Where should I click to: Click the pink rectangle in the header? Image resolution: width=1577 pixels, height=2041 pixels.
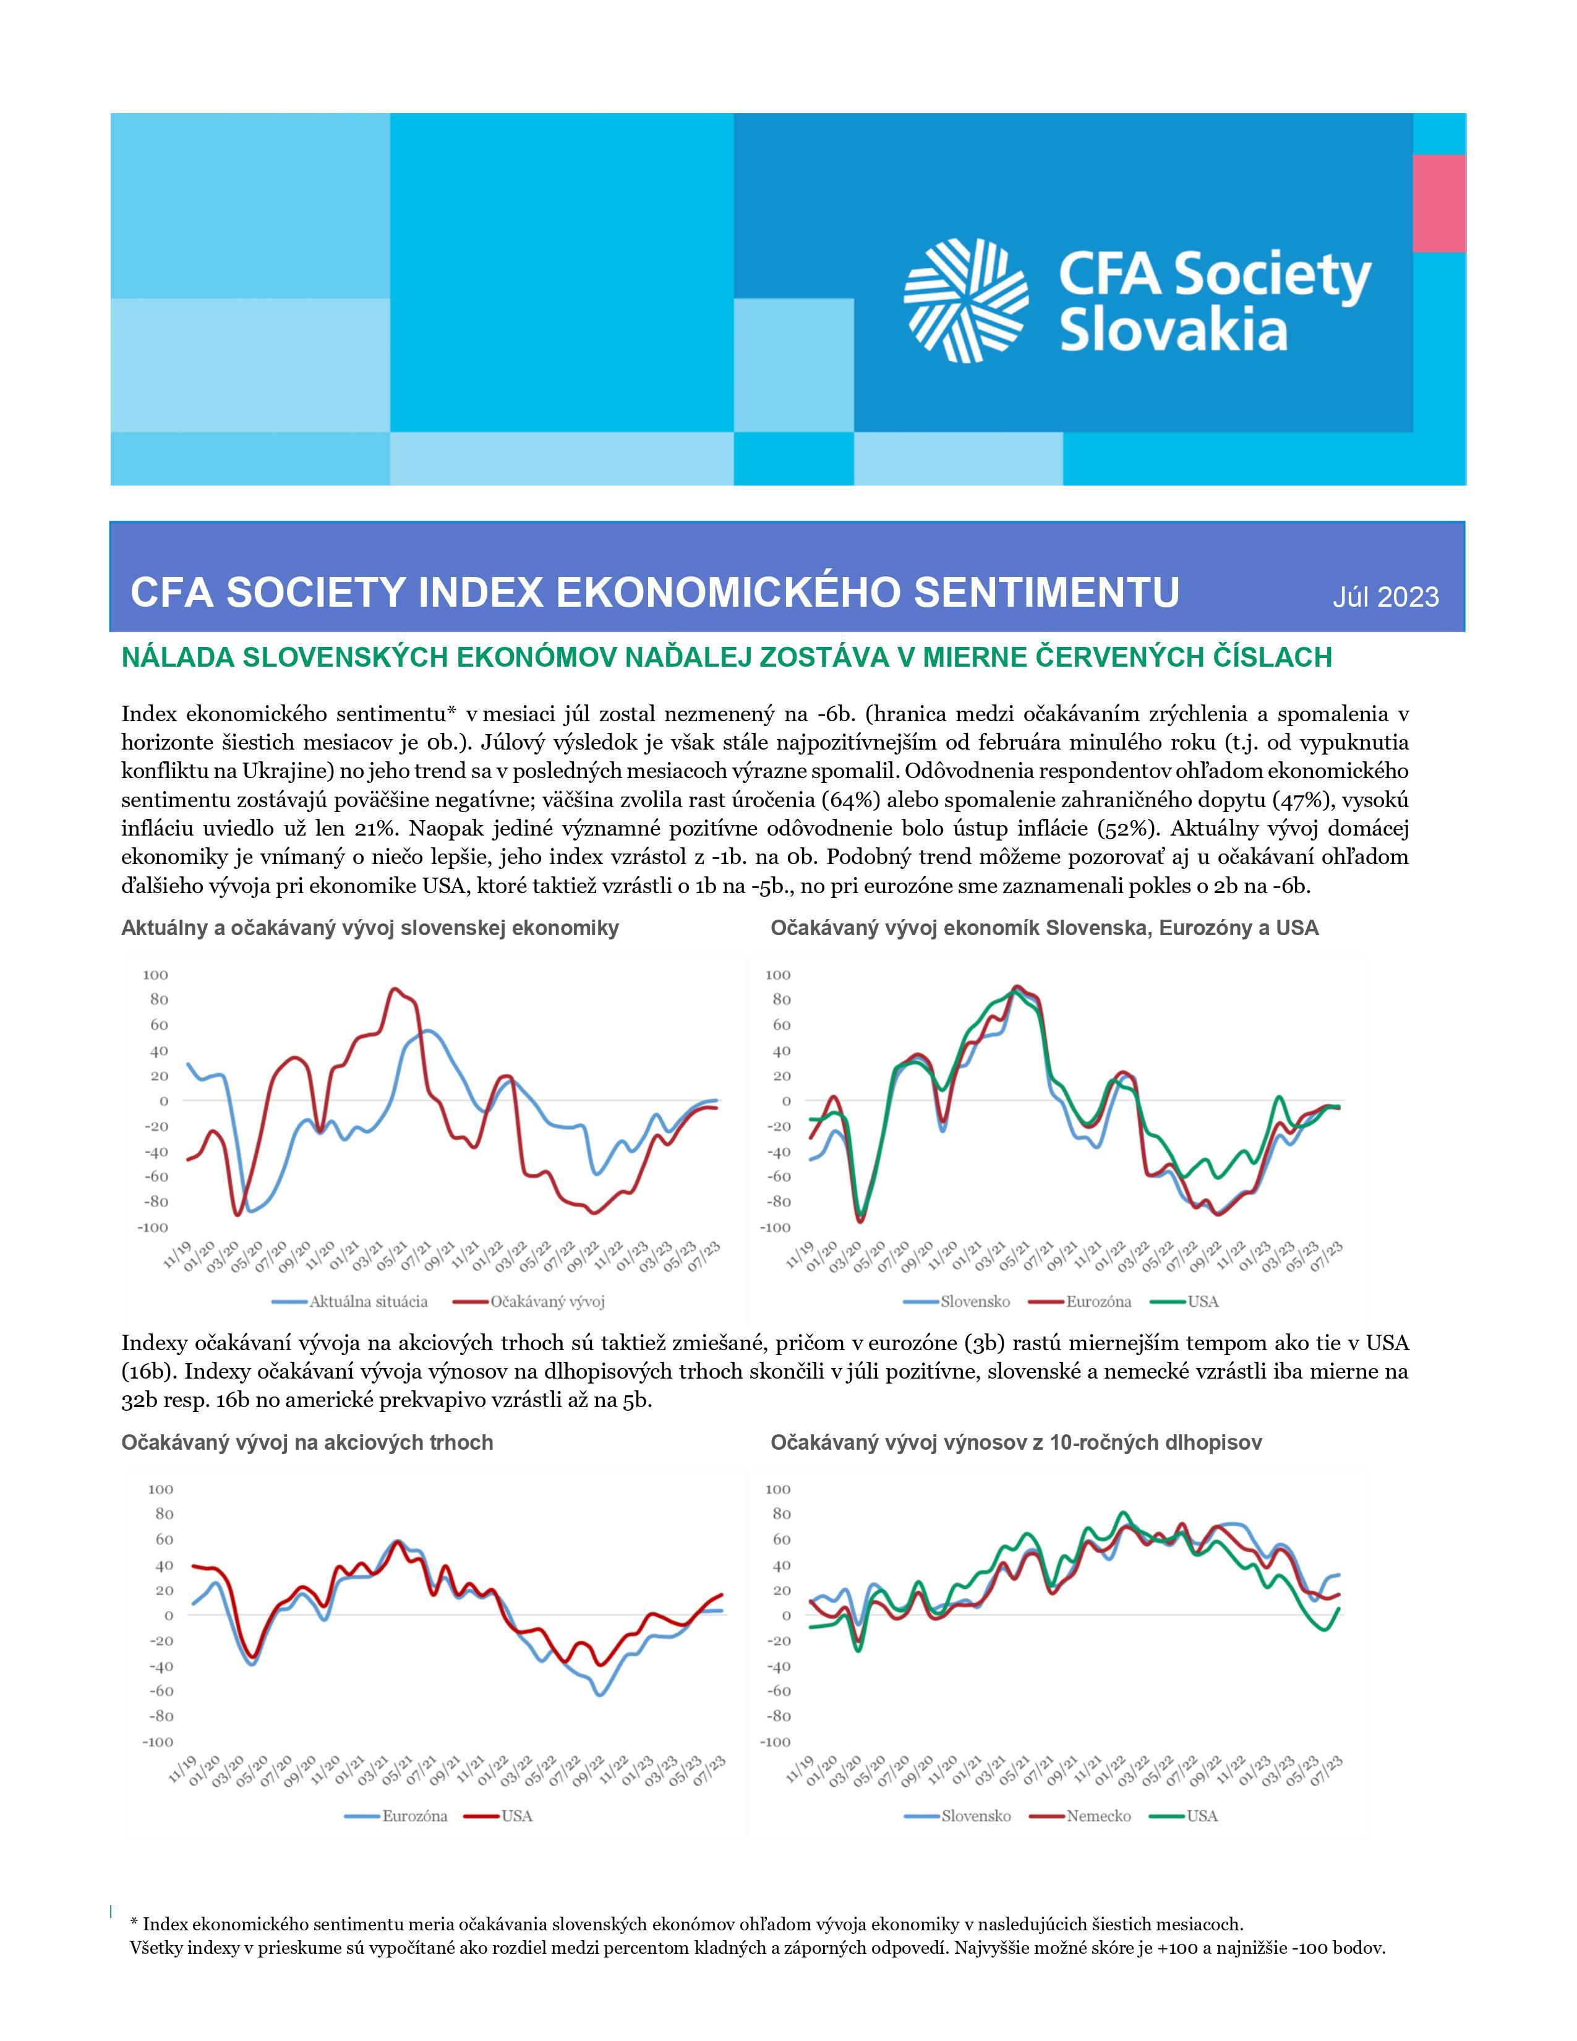(1438, 203)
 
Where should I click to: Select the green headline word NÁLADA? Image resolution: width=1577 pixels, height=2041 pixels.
(177, 658)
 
